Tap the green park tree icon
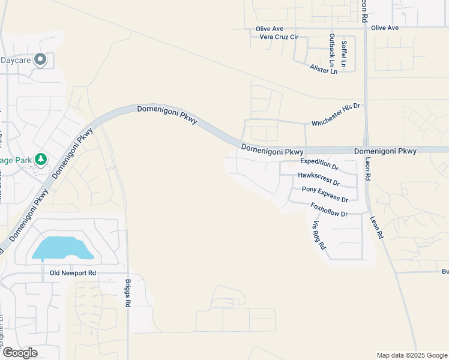[41, 160]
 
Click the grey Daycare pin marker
[40, 59]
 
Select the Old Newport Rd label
[71, 273]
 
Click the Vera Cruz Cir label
[278, 37]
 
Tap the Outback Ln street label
[331, 50]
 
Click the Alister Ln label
[324, 70]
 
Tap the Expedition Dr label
[319, 162]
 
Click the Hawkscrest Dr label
[319, 179]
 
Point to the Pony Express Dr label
[325, 194]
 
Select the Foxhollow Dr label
[329, 210]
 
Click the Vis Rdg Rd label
[318, 235]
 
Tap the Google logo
[19, 353]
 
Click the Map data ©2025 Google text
[411, 355]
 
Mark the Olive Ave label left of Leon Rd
[269, 28]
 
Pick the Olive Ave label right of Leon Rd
[385, 28]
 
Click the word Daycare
[16, 60]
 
